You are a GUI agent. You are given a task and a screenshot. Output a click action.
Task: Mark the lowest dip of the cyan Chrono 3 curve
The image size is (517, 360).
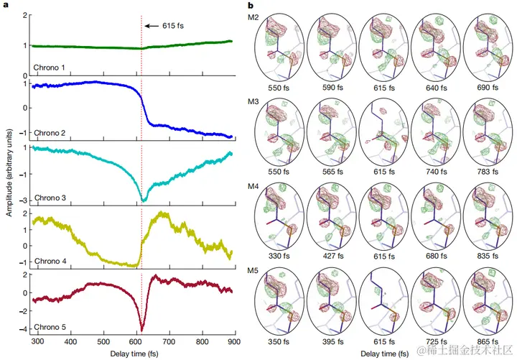pos(142,200)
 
